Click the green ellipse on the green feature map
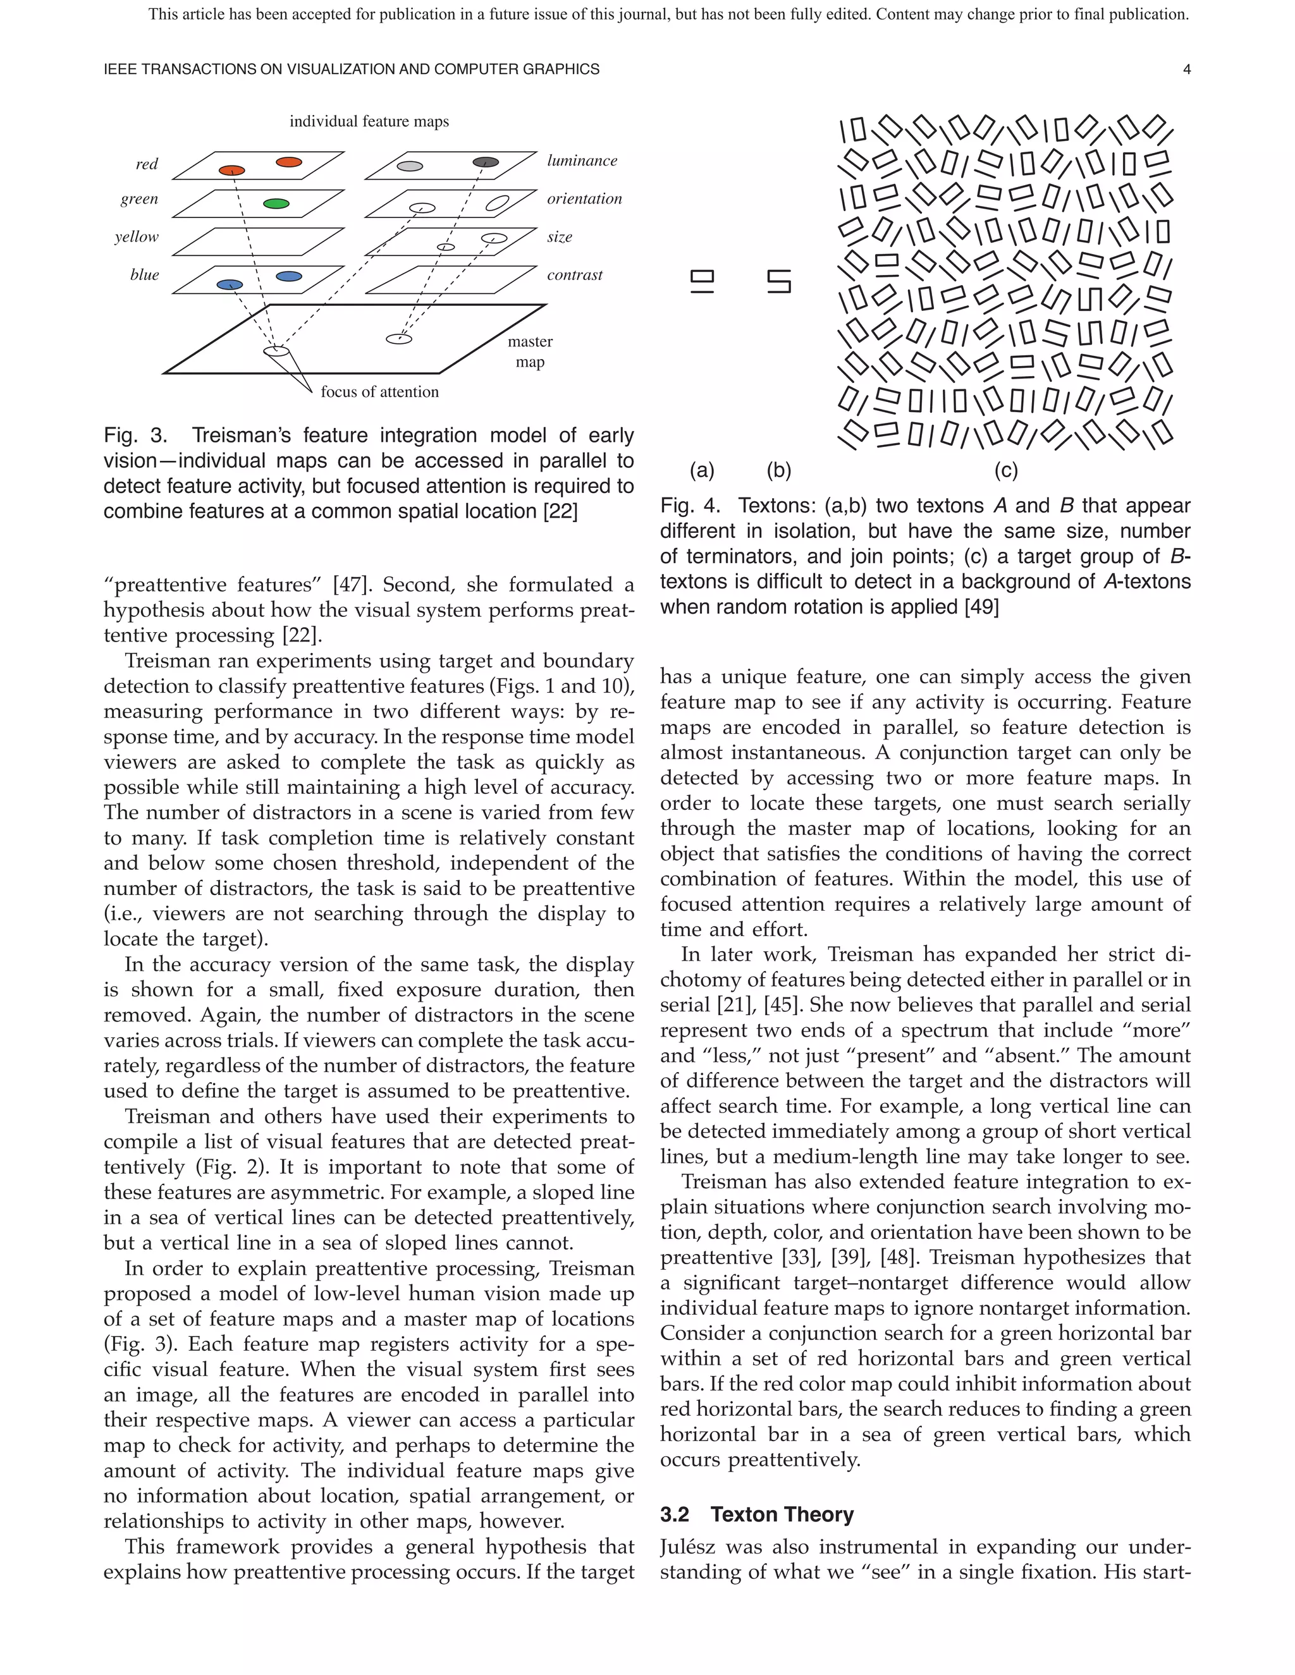276,204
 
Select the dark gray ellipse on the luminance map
486,162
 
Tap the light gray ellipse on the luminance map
410,166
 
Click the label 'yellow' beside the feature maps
137,236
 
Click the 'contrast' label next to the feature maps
575,274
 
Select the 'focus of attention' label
380,392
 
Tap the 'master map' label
530,351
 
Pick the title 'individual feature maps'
369,121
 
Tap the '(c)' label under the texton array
1006,470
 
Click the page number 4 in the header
1187,69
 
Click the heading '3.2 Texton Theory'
757,1514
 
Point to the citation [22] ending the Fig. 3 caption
560,511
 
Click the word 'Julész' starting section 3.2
687,1547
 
